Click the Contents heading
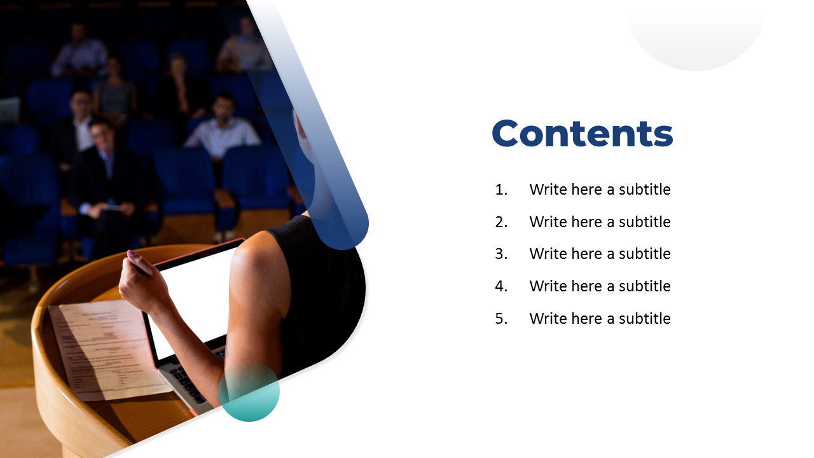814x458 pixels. (x=583, y=134)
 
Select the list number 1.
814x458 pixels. (x=501, y=190)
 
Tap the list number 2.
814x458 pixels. (x=501, y=222)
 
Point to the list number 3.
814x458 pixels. (x=501, y=254)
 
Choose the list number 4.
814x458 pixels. (x=501, y=286)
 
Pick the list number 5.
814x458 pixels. (x=501, y=319)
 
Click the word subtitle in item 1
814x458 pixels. (x=645, y=190)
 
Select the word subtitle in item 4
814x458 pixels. (x=645, y=286)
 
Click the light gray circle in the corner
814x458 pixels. (x=696, y=32)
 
